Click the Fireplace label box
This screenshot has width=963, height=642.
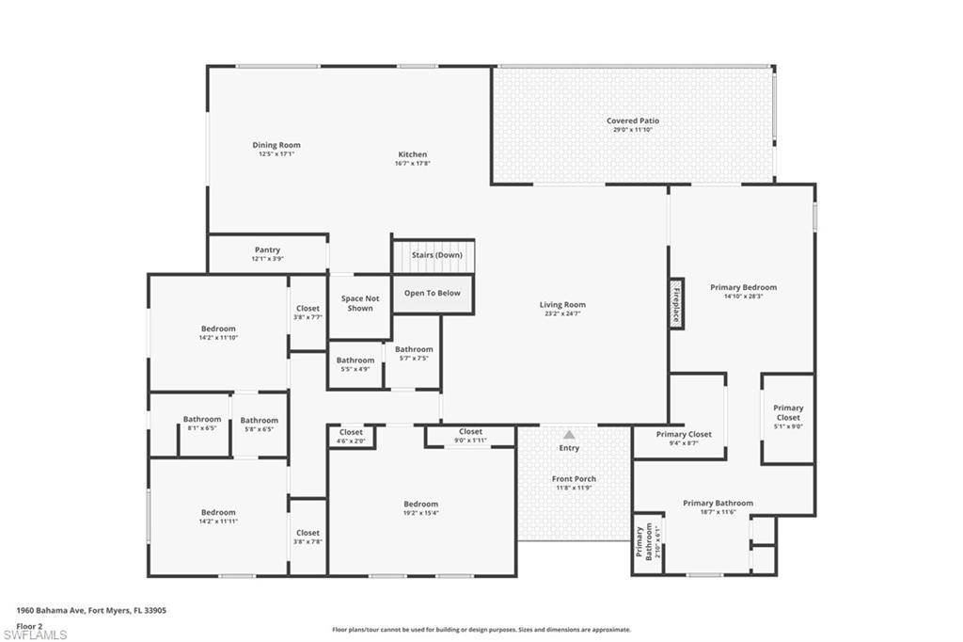point(676,304)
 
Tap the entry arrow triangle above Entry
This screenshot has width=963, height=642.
point(569,435)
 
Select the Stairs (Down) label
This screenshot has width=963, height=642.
point(436,254)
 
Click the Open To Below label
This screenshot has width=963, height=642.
point(433,294)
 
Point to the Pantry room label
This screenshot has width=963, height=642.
point(267,249)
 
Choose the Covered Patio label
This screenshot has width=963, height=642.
point(633,120)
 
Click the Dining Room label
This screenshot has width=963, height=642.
point(276,145)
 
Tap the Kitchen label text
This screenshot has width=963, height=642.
point(413,154)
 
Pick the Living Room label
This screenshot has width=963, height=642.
point(562,304)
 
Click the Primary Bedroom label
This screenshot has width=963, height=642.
point(743,287)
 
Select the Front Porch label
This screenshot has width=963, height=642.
point(574,479)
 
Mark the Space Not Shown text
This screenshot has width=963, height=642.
point(360,303)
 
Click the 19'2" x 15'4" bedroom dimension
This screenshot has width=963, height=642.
point(420,513)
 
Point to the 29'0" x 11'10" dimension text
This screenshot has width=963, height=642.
point(633,130)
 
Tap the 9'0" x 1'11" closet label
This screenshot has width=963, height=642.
point(470,441)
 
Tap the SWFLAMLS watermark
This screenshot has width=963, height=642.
point(35,634)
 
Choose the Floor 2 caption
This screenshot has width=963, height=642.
point(29,627)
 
